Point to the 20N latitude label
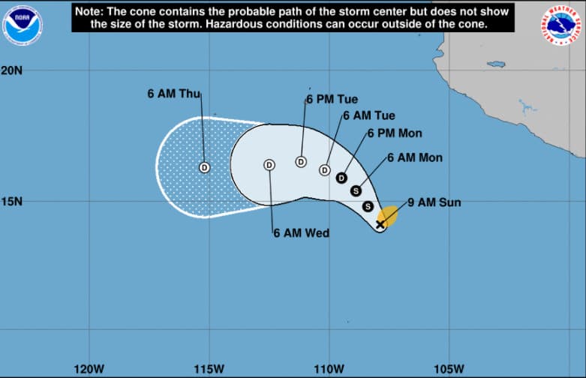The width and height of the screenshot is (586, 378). click(x=12, y=70)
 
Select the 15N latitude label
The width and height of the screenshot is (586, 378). click(x=12, y=201)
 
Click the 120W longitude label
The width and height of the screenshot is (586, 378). click(x=89, y=368)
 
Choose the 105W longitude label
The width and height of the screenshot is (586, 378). click(x=448, y=368)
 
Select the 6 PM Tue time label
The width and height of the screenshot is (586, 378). click(x=332, y=99)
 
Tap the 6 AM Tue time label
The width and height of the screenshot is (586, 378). click(x=369, y=115)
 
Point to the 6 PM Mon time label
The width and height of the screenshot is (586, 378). click(x=395, y=133)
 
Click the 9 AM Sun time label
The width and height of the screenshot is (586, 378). click(x=434, y=202)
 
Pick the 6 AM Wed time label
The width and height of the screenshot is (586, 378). click(x=301, y=233)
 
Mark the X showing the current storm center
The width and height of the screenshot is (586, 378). click(x=380, y=223)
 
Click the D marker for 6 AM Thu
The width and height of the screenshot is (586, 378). click(x=204, y=167)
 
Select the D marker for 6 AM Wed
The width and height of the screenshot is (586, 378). click(x=269, y=165)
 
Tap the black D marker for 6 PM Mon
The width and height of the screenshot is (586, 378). click(x=341, y=178)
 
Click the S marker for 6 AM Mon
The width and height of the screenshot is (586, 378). click(x=356, y=190)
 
